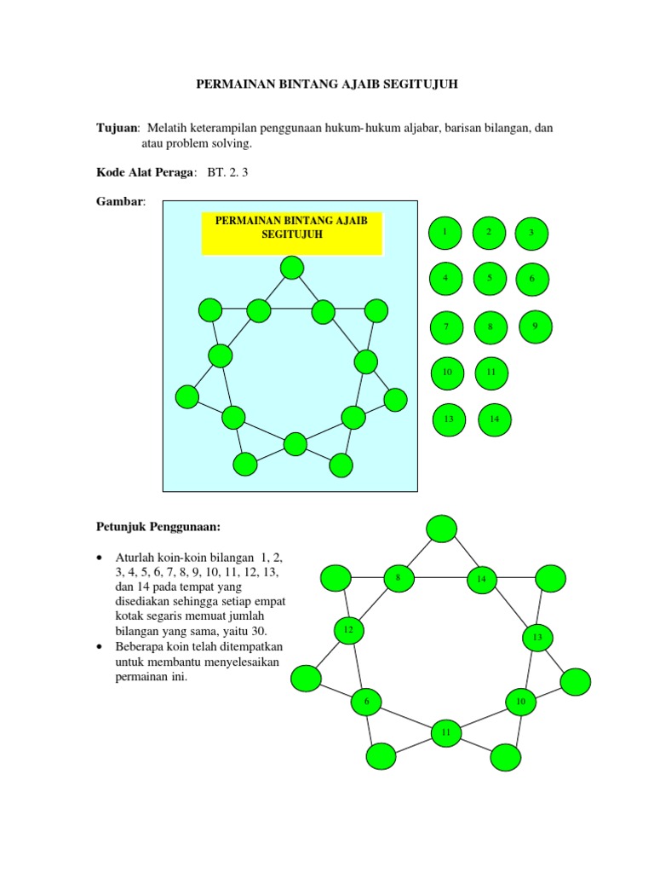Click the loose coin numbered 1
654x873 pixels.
coord(444,232)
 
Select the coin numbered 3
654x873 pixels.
coord(531,233)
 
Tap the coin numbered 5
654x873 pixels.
coord(490,278)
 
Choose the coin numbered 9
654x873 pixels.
coord(536,326)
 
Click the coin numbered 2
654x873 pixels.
coord(489,232)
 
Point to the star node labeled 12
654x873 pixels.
coord(347,631)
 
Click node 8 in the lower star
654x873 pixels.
coord(398,578)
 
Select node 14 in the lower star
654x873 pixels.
coord(481,580)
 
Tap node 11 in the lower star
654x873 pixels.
coord(446,732)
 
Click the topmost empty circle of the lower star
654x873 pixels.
coord(441,529)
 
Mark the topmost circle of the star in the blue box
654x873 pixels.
coord(292,268)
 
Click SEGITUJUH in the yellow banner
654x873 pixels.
coord(292,234)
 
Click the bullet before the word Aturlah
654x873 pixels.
coord(100,557)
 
